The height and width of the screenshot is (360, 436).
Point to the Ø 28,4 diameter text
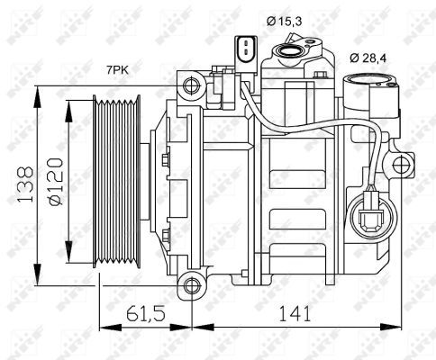coord(369,58)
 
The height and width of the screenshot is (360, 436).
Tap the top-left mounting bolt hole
coord(190,85)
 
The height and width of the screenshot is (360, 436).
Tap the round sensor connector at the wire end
coord(370,217)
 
